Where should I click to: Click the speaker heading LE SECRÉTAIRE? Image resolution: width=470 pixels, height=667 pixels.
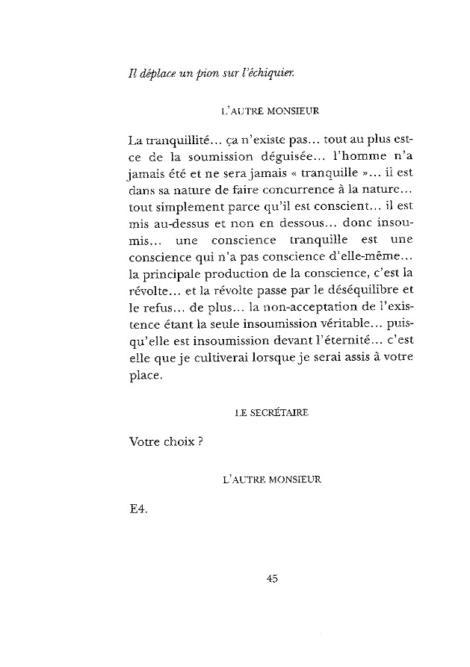[271, 411]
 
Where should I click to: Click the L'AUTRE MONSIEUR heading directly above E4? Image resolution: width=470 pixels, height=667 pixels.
[271, 477]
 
